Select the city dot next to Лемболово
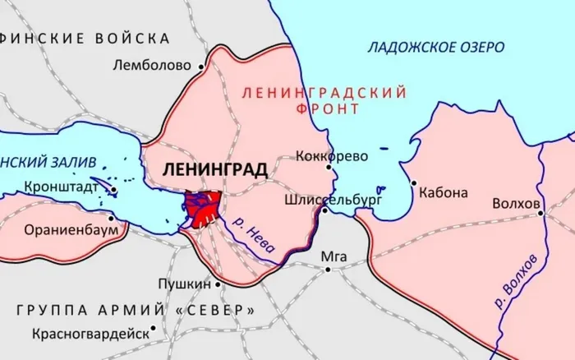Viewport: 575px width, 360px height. [200, 65]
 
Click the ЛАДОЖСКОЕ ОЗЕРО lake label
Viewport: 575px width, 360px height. [435, 48]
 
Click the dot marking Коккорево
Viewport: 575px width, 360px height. [329, 167]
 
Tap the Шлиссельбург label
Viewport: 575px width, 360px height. [321, 198]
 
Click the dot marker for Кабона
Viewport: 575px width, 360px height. [413, 183]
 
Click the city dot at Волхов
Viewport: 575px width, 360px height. [541, 213]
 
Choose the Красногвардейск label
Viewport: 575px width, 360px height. [90, 334]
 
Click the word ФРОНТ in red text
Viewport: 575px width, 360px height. [326, 108]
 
